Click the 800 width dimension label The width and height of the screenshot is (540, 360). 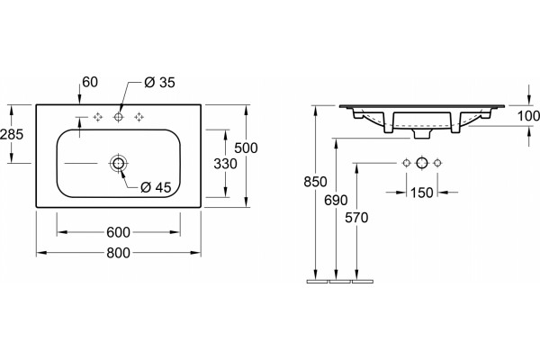click(x=118, y=253)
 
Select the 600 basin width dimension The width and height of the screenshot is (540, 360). click(x=118, y=232)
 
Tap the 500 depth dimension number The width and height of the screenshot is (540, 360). click(x=246, y=148)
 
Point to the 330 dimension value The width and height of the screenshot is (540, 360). click(x=225, y=164)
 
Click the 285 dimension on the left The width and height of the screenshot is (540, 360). click(x=12, y=134)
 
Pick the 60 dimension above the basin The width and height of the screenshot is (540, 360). click(x=90, y=82)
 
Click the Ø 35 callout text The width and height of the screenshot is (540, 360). click(x=160, y=82)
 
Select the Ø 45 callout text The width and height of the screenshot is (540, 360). click(x=156, y=187)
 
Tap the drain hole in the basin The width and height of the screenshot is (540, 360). click(x=118, y=163)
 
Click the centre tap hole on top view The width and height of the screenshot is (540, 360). click(x=118, y=117)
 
